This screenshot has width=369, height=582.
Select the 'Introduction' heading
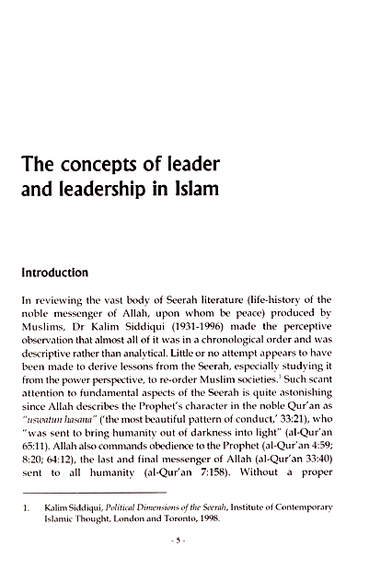(61, 273)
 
